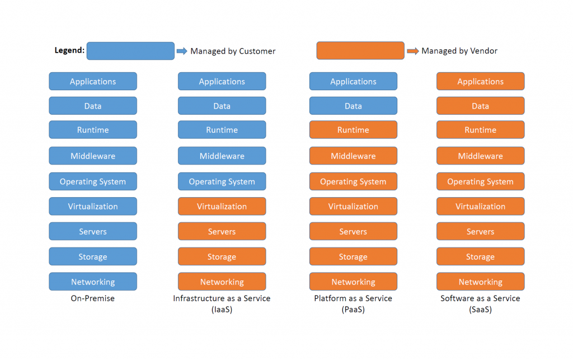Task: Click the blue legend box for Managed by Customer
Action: [x=130, y=51]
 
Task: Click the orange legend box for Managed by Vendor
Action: [x=360, y=51]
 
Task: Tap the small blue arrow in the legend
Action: [x=182, y=51]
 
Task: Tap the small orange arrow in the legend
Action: [x=412, y=51]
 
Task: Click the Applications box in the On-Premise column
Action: [x=93, y=82]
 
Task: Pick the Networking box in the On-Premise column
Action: [x=93, y=282]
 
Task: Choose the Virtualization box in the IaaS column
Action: [x=222, y=207]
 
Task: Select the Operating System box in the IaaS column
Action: [x=222, y=182]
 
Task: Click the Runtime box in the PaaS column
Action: [x=353, y=130]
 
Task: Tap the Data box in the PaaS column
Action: [x=353, y=106]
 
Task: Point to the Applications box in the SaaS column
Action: [x=480, y=82]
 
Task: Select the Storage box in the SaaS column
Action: [x=480, y=257]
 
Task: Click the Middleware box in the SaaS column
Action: [x=480, y=156]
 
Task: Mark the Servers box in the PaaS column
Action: [x=353, y=232]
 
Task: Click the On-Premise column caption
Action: [x=93, y=298]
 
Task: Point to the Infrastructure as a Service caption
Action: [x=222, y=303]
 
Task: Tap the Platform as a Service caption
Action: [x=353, y=303]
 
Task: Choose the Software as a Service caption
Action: [x=480, y=303]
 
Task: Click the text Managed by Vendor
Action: [x=459, y=51]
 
